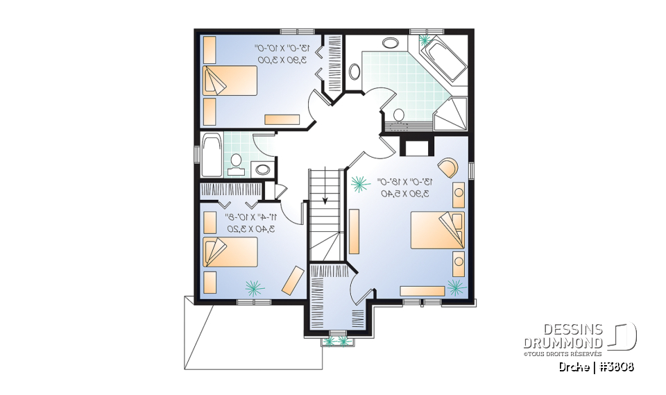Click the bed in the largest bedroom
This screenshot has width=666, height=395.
click(437, 230)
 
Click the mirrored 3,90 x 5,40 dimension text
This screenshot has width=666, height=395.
click(404, 194)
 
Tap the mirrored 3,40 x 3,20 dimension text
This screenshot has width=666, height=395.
click(250, 228)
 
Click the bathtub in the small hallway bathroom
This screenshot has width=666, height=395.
click(210, 154)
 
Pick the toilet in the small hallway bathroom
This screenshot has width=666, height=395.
click(237, 161)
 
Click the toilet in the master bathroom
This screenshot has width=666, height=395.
click(399, 115)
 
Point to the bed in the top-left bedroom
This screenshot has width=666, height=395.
click(229, 81)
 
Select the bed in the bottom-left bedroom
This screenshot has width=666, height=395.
click(229, 252)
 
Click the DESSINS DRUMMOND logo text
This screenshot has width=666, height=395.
click(563, 337)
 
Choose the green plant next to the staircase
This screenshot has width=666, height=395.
click(359, 184)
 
